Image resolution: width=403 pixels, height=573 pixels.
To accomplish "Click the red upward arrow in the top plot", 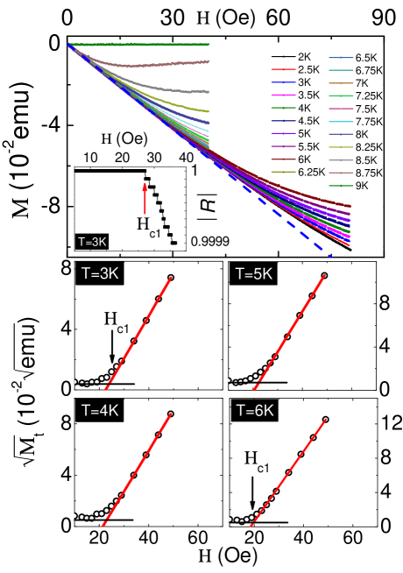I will [145, 199].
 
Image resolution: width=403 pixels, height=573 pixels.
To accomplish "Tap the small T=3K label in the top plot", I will [92, 242].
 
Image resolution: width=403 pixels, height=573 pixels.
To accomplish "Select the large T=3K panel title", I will [100, 273].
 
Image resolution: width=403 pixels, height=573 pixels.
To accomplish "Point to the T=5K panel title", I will [254, 273].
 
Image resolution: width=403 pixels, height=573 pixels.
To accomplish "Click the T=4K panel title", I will [100, 409].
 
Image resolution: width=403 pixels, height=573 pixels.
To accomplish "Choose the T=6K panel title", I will [254, 409].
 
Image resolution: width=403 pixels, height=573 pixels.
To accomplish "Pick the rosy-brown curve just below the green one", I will [158, 64].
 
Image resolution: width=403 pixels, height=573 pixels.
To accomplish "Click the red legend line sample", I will [283, 69].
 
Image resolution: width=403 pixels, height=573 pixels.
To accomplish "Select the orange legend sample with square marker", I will [341, 82].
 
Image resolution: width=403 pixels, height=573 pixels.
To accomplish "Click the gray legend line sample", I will [341, 159].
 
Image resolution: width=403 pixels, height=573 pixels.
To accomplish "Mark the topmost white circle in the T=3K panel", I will [171, 278].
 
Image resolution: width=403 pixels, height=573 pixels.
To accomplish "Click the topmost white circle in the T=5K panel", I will [325, 276].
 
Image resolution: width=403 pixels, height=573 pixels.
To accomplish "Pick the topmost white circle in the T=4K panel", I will [171, 414].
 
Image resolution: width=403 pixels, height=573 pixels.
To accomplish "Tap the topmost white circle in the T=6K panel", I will [325, 420].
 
